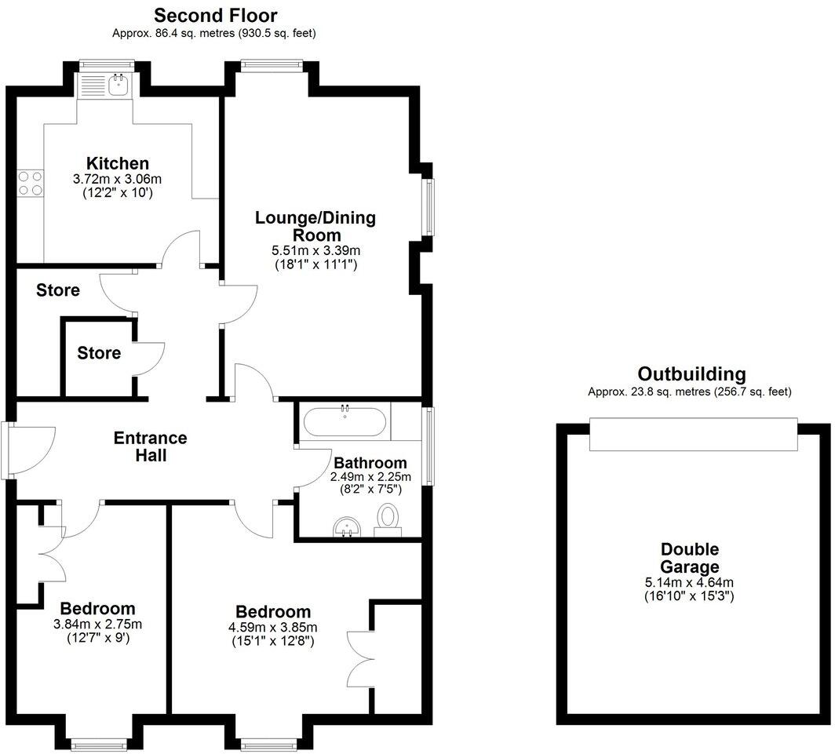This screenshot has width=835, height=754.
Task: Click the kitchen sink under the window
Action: (x=119, y=85)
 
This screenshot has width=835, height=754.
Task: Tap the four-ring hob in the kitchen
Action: (x=31, y=184)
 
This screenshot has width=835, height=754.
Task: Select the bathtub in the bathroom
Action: (x=345, y=423)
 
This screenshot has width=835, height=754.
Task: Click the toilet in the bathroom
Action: (x=388, y=520)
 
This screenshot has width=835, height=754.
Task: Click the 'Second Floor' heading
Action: (x=215, y=15)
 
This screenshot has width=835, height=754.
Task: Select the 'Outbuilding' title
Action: (x=691, y=374)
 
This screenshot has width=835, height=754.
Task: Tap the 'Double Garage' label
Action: (x=689, y=559)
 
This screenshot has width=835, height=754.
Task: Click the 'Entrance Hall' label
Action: (x=151, y=446)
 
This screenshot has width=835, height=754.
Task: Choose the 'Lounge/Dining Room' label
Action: (x=315, y=226)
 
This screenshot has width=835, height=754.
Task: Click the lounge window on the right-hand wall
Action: (x=428, y=207)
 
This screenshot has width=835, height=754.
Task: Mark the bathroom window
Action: (x=428, y=445)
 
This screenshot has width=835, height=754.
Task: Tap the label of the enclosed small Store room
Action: (x=99, y=353)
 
